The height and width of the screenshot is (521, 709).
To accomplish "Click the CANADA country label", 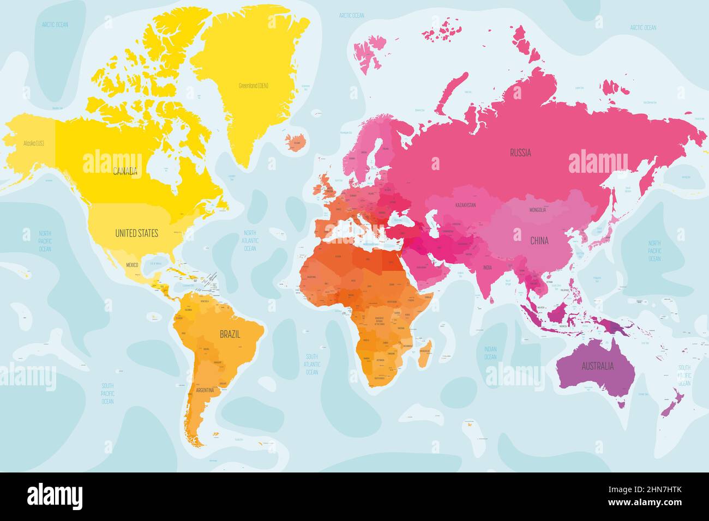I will (125, 172).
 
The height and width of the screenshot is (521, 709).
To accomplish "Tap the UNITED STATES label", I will (136, 233).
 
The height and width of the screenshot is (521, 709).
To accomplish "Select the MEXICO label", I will (133, 264).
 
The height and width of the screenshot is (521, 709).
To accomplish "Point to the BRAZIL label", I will (230, 334).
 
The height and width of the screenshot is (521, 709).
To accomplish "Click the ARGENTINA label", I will (200, 390).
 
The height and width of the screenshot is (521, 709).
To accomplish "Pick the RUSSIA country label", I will (520, 153).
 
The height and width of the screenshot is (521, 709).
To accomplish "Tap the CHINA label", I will (539, 240).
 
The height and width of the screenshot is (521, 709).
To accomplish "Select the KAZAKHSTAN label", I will (465, 205).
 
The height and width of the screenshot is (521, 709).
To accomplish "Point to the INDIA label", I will (487, 268).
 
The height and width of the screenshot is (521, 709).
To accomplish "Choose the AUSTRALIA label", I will (597, 366).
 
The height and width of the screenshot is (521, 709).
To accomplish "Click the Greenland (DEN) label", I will (254, 86).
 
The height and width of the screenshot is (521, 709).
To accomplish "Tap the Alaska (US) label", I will (33, 144).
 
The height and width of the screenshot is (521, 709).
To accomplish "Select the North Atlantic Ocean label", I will (250, 240).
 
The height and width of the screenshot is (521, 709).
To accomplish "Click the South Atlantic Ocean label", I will (311, 364).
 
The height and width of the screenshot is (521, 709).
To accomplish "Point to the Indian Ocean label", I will (490, 353).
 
